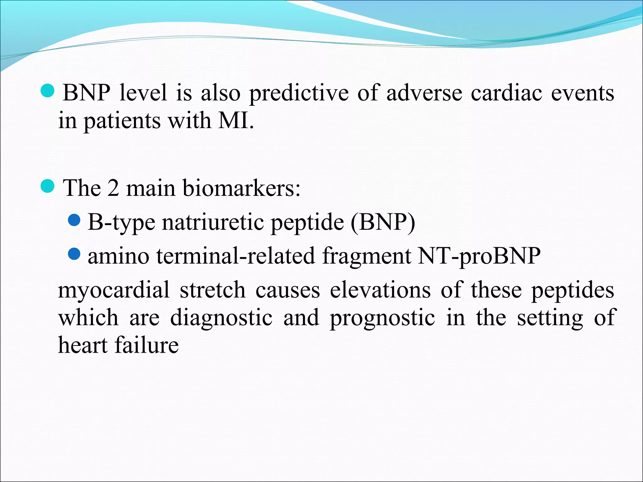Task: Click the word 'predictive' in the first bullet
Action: pyautogui.click(x=299, y=93)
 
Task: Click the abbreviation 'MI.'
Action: pyautogui.click(x=236, y=121)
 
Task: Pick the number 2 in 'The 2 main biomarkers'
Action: pyautogui.click(x=113, y=188)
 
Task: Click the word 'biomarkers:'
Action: pyautogui.click(x=241, y=188)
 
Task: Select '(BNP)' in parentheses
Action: pyautogui.click(x=383, y=222)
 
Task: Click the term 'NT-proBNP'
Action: pyautogui.click(x=479, y=256)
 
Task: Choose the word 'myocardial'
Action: pyautogui.click(x=114, y=290)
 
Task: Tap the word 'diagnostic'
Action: pyautogui.click(x=221, y=318)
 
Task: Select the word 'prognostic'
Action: pyautogui.click(x=382, y=318)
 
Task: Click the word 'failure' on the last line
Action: pyautogui.click(x=147, y=345)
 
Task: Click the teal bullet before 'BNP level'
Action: pyautogui.click(x=48, y=91)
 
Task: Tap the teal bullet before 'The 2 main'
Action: pyautogui.click(x=48, y=186)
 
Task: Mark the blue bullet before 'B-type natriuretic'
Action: pyautogui.click(x=74, y=220)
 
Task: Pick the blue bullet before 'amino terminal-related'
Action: pyautogui.click(x=74, y=254)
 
